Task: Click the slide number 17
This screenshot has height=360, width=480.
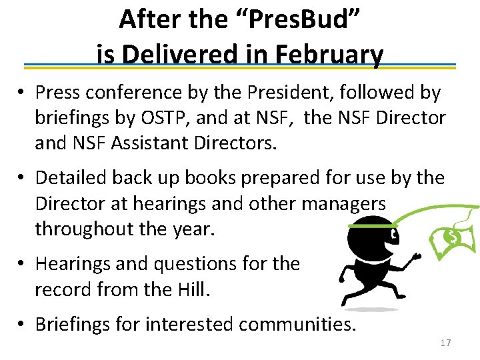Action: click(445, 343)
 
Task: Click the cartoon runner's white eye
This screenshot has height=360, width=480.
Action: click(394, 235)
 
